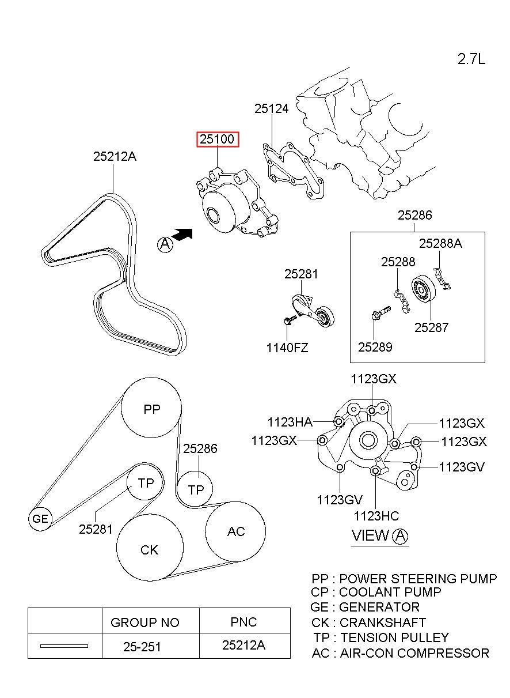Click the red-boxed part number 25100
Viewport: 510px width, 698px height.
tap(218, 140)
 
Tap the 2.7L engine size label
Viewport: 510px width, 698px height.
tap(471, 59)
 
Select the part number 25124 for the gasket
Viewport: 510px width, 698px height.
tap(272, 108)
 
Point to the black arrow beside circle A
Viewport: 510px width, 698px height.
tap(183, 234)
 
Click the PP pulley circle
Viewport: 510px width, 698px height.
tap(151, 409)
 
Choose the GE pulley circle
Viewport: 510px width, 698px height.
tap(40, 519)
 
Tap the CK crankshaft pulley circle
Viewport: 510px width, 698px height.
tap(150, 549)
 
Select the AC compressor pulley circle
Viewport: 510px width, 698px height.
tap(235, 531)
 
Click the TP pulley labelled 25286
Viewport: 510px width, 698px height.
tap(196, 489)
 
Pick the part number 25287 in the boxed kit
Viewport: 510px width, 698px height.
tap(431, 327)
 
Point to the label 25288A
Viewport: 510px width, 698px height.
tap(440, 243)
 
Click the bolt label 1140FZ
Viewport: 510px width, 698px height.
tap(287, 348)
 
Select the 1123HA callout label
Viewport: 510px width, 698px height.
tap(290, 422)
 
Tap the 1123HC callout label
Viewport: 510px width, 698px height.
tap(376, 516)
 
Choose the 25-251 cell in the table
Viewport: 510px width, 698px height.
tap(142, 647)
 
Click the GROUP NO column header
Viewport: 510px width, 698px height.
tap(144, 622)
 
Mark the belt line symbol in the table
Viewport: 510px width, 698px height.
tap(64, 646)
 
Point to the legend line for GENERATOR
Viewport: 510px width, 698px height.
tap(365, 607)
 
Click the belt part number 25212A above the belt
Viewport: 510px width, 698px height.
tap(115, 156)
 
